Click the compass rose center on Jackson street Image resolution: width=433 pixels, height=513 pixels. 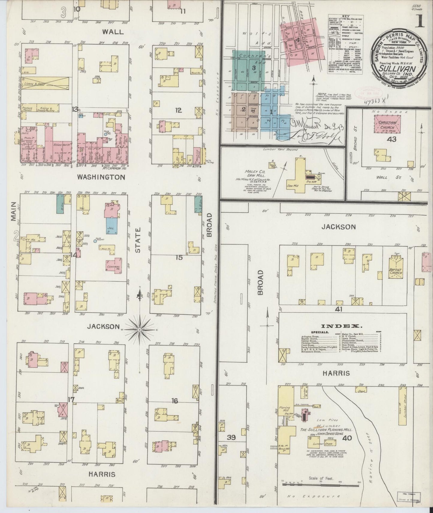pos(140,330)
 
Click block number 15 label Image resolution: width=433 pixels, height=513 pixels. pos(179,257)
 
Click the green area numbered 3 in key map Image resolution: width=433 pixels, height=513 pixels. pos(254,68)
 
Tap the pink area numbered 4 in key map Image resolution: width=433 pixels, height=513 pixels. pos(298,40)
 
